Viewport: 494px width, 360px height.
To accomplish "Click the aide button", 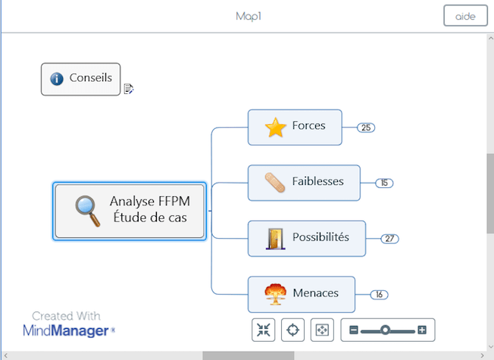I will point(464,17).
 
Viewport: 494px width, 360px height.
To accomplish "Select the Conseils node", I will point(90,78).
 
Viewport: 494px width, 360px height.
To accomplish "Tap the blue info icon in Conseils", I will point(56,79).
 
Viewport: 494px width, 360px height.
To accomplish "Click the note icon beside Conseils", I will point(129,89).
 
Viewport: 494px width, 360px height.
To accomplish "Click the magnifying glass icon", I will point(87,211).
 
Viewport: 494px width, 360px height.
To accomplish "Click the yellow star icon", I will point(275,127).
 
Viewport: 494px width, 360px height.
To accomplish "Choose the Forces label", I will point(308,126).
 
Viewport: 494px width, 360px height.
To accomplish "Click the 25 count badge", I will point(366,127).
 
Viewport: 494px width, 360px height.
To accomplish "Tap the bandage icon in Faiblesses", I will point(275,183).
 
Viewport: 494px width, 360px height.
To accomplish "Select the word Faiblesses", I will point(317,182).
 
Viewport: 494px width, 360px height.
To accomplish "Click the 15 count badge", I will point(384,183).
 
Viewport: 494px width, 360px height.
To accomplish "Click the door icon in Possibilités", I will point(275,239).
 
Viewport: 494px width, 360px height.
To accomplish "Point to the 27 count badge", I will point(389,239).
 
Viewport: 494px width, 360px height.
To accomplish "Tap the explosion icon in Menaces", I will point(275,294).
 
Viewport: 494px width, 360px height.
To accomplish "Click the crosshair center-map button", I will point(292,330).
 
